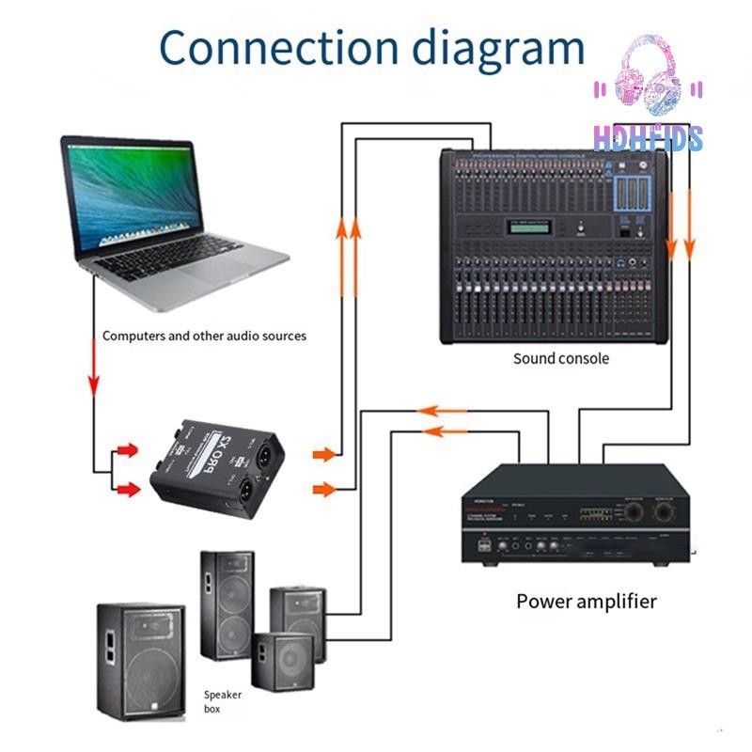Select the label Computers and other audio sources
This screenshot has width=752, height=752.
tap(204, 336)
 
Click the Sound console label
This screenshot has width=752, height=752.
tap(560, 358)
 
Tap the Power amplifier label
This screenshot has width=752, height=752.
tap(586, 601)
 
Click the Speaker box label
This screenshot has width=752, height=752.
tap(224, 701)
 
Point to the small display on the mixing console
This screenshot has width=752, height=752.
tap(528, 224)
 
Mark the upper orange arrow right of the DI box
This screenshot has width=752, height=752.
tap(323, 455)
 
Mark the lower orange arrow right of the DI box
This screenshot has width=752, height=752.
tap(323, 489)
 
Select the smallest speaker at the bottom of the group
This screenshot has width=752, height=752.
tap(281, 663)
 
